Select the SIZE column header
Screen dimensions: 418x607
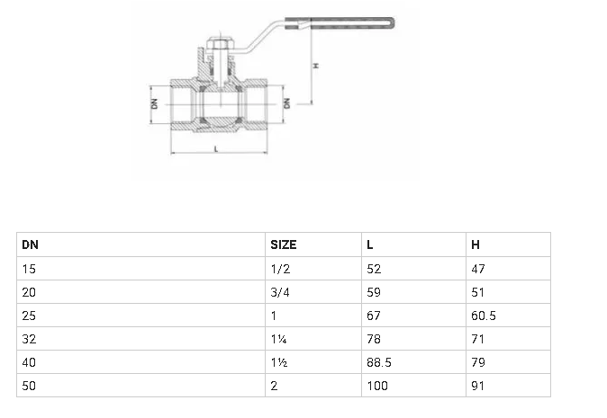(x=284, y=245)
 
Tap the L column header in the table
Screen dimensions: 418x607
(x=370, y=245)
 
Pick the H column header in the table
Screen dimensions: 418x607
(x=475, y=245)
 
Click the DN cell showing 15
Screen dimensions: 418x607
(x=28, y=268)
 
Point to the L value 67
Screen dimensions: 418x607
(x=373, y=315)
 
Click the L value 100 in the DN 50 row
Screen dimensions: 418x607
(x=375, y=386)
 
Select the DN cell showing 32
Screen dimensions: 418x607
(x=28, y=339)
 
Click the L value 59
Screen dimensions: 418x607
(x=373, y=291)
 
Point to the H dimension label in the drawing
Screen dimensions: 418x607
(x=315, y=66)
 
